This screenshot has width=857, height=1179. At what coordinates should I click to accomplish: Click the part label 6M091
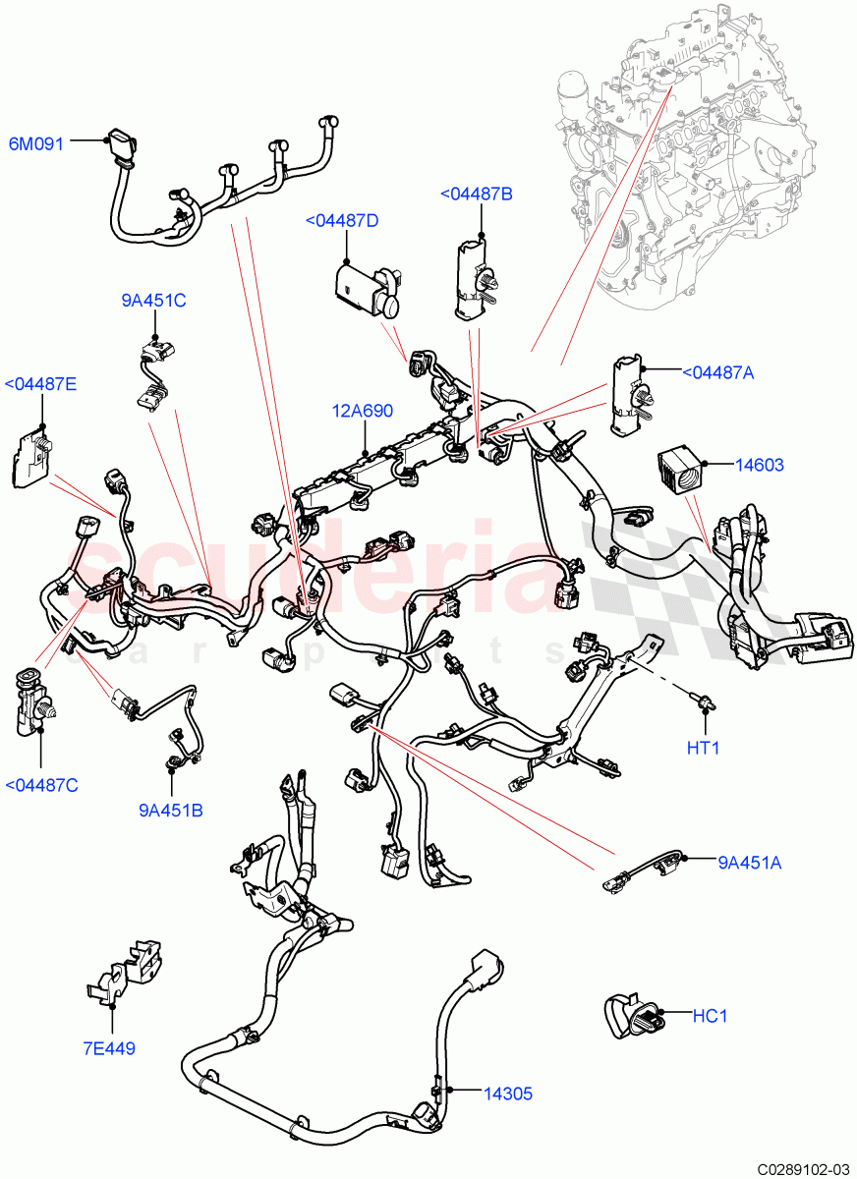(x=36, y=143)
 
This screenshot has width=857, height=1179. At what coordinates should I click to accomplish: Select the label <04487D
(x=342, y=220)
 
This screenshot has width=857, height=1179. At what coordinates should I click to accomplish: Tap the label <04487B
(x=476, y=195)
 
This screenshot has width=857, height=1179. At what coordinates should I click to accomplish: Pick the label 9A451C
(x=153, y=301)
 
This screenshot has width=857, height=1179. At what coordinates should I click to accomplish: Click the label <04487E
(x=41, y=384)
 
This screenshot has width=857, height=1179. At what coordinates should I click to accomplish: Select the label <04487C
(x=41, y=784)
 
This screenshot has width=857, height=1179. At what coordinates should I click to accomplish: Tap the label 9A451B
(x=172, y=811)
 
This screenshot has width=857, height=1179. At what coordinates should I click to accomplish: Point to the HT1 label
(x=703, y=748)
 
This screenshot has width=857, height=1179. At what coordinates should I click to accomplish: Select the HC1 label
(x=710, y=1016)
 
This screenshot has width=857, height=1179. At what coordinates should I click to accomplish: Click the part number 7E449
(x=108, y=1048)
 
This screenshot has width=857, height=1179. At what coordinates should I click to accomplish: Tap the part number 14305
(x=509, y=1092)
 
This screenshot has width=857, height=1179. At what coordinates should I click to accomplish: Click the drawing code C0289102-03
(x=801, y=1168)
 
